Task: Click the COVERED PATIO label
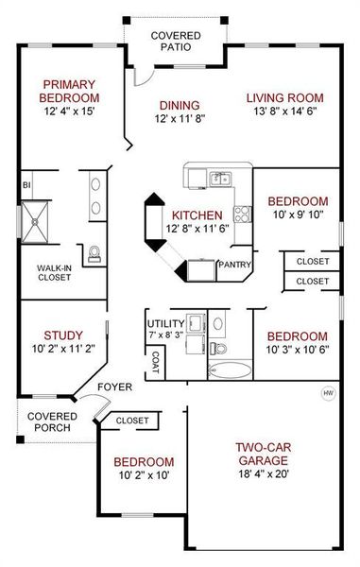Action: coord(174,40)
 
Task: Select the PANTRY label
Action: coord(233,266)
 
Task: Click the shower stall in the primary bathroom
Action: coord(40,216)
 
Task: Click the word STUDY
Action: coord(63,335)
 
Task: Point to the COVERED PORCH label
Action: coord(51,422)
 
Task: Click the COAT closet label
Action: coord(155,362)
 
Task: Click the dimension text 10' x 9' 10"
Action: coord(297,215)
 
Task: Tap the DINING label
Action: coord(179,105)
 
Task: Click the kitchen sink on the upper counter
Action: coord(219,178)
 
